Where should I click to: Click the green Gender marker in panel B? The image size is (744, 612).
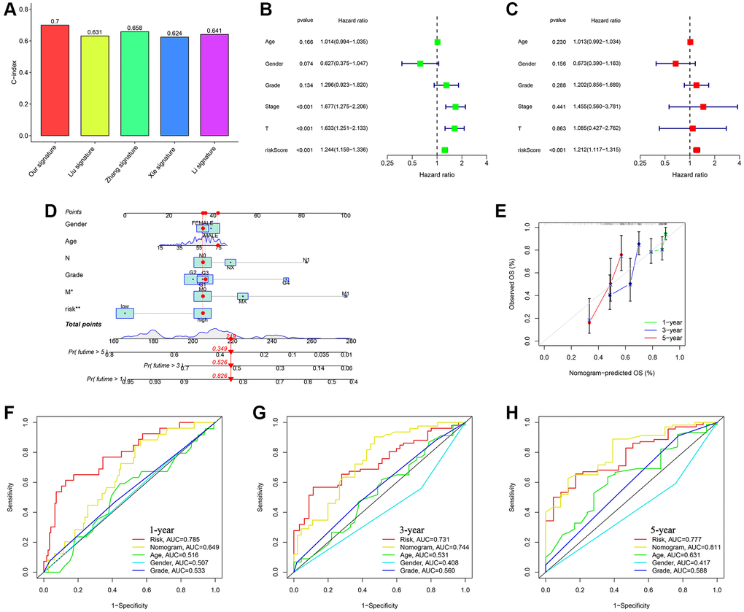[x=419, y=63]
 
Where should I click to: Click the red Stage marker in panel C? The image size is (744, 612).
[x=703, y=106]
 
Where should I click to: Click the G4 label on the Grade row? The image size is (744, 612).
[x=286, y=284]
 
